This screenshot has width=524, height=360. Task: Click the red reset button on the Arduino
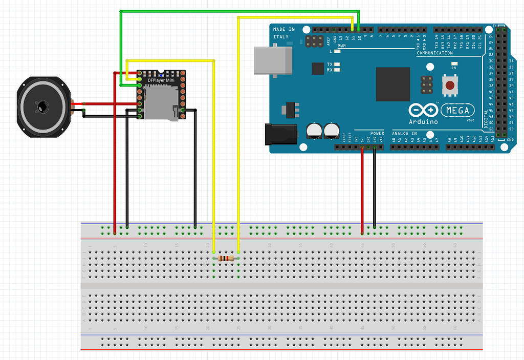click(450, 86)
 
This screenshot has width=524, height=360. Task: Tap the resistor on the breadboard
click(226, 259)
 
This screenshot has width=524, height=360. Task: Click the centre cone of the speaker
click(41, 107)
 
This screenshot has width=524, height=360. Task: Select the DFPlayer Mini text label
click(161, 80)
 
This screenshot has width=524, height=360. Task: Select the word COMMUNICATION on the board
click(434, 53)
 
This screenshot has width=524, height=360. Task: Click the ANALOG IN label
click(404, 133)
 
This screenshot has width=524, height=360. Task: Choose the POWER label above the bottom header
click(377, 133)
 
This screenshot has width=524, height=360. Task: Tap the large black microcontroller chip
click(393, 84)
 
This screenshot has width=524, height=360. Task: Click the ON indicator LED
click(454, 63)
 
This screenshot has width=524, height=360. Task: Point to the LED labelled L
click(337, 51)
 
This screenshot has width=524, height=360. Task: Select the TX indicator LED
click(337, 65)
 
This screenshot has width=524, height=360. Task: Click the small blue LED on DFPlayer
click(161, 75)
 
